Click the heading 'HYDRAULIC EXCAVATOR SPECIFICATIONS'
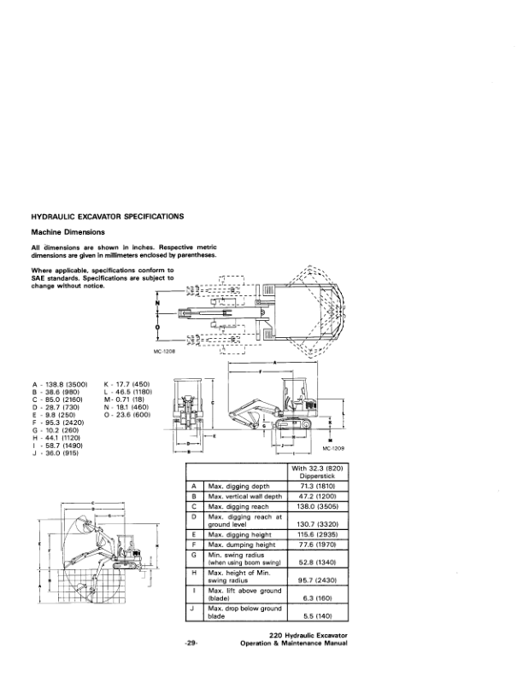tap(105, 217)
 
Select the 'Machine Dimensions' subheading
tap(69, 232)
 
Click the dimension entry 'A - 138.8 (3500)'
tap(59, 385)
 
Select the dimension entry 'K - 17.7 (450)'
tap(126, 385)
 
